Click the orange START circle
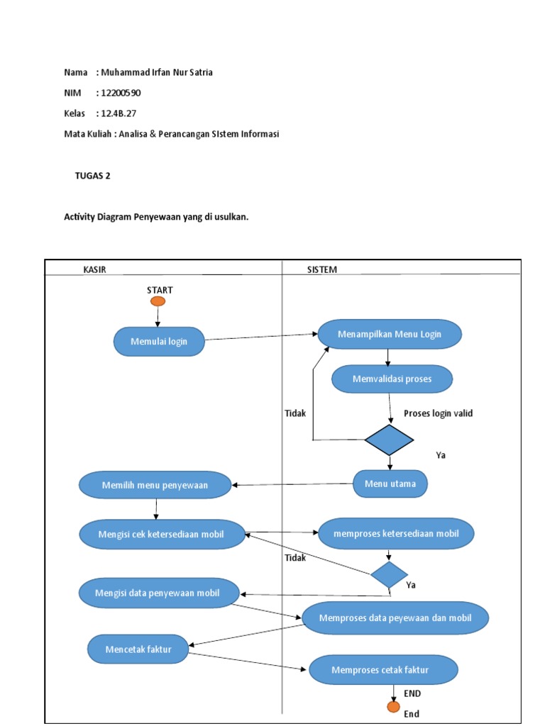pos(158,301)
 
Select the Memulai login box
pos(159,342)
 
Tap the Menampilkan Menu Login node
pos(390,334)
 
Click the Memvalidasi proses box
pos(392,379)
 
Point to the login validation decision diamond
pos(389,440)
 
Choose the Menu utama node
pos(390,484)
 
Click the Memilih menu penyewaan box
pos(155,486)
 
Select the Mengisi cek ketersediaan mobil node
pos(161,534)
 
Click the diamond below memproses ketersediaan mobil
pos(389,574)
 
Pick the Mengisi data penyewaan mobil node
pos(158,593)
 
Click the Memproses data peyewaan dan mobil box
pos(395,618)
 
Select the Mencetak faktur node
pos(138,649)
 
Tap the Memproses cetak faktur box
pos(383,669)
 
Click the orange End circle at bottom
pos(393,706)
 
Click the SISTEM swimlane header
pos(321,269)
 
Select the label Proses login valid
pos(438,413)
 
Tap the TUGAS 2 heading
pos(92,177)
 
